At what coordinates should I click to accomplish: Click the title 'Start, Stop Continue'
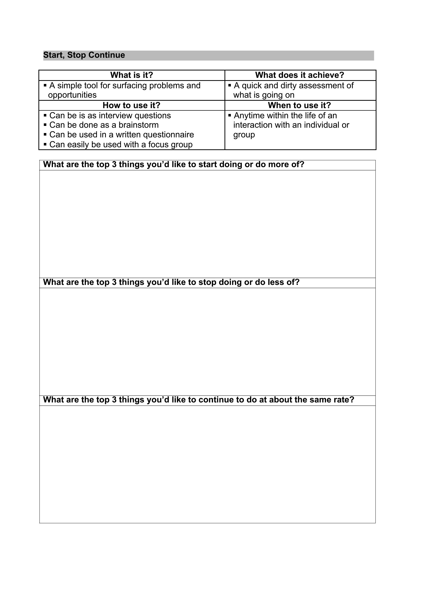[84, 55]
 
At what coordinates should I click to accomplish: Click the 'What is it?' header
[132, 75]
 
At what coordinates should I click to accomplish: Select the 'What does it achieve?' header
[300, 75]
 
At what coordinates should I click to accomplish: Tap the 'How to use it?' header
[131, 106]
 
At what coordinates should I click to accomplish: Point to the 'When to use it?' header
[299, 106]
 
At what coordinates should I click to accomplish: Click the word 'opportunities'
[72, 95]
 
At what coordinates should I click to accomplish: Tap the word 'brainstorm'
[138, 125]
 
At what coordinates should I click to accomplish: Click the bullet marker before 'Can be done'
[45, 125]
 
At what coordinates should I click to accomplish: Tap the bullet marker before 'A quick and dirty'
[230, 85]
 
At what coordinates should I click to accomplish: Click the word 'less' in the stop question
[276, 282]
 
